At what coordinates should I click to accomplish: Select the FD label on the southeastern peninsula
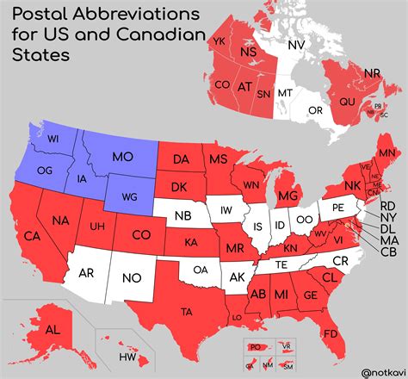(x=330, y=333)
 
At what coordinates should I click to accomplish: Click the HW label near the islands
(x=127, y=357)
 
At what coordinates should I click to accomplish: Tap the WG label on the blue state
(x=129, y=197)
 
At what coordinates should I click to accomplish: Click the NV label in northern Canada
(x=296, y=45)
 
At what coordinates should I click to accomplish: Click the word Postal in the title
(x=42, y=16)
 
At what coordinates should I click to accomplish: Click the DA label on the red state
(x=181, y=159)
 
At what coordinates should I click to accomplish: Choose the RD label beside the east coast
(x=388, y=206)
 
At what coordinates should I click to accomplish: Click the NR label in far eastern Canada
(x=373, y=73)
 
